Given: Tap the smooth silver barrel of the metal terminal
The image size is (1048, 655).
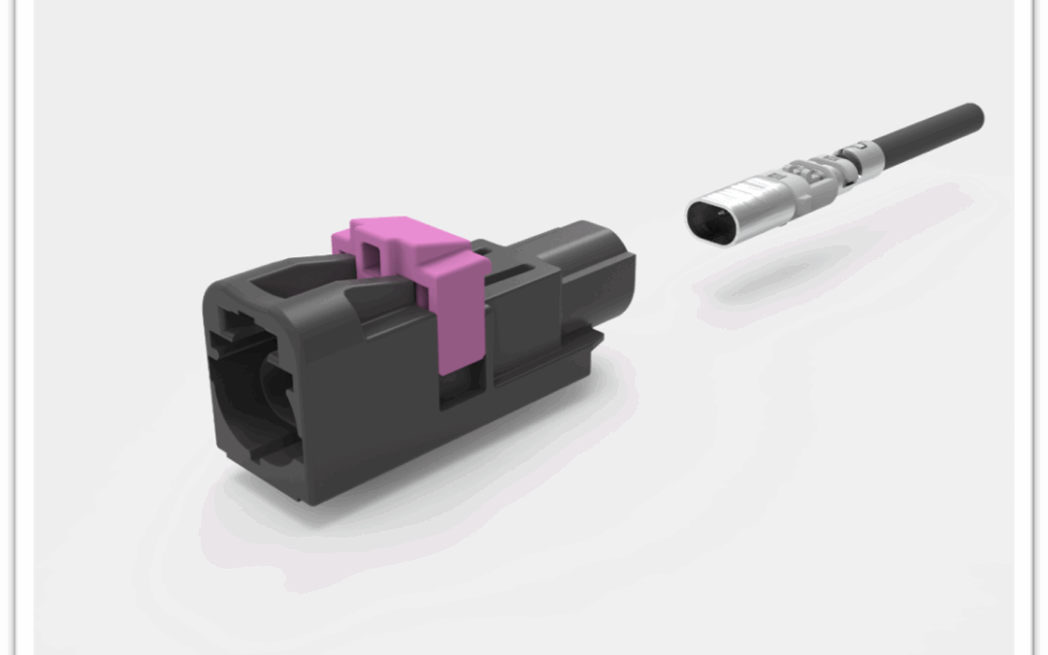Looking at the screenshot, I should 752,199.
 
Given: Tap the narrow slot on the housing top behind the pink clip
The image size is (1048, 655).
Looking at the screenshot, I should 505,281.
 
